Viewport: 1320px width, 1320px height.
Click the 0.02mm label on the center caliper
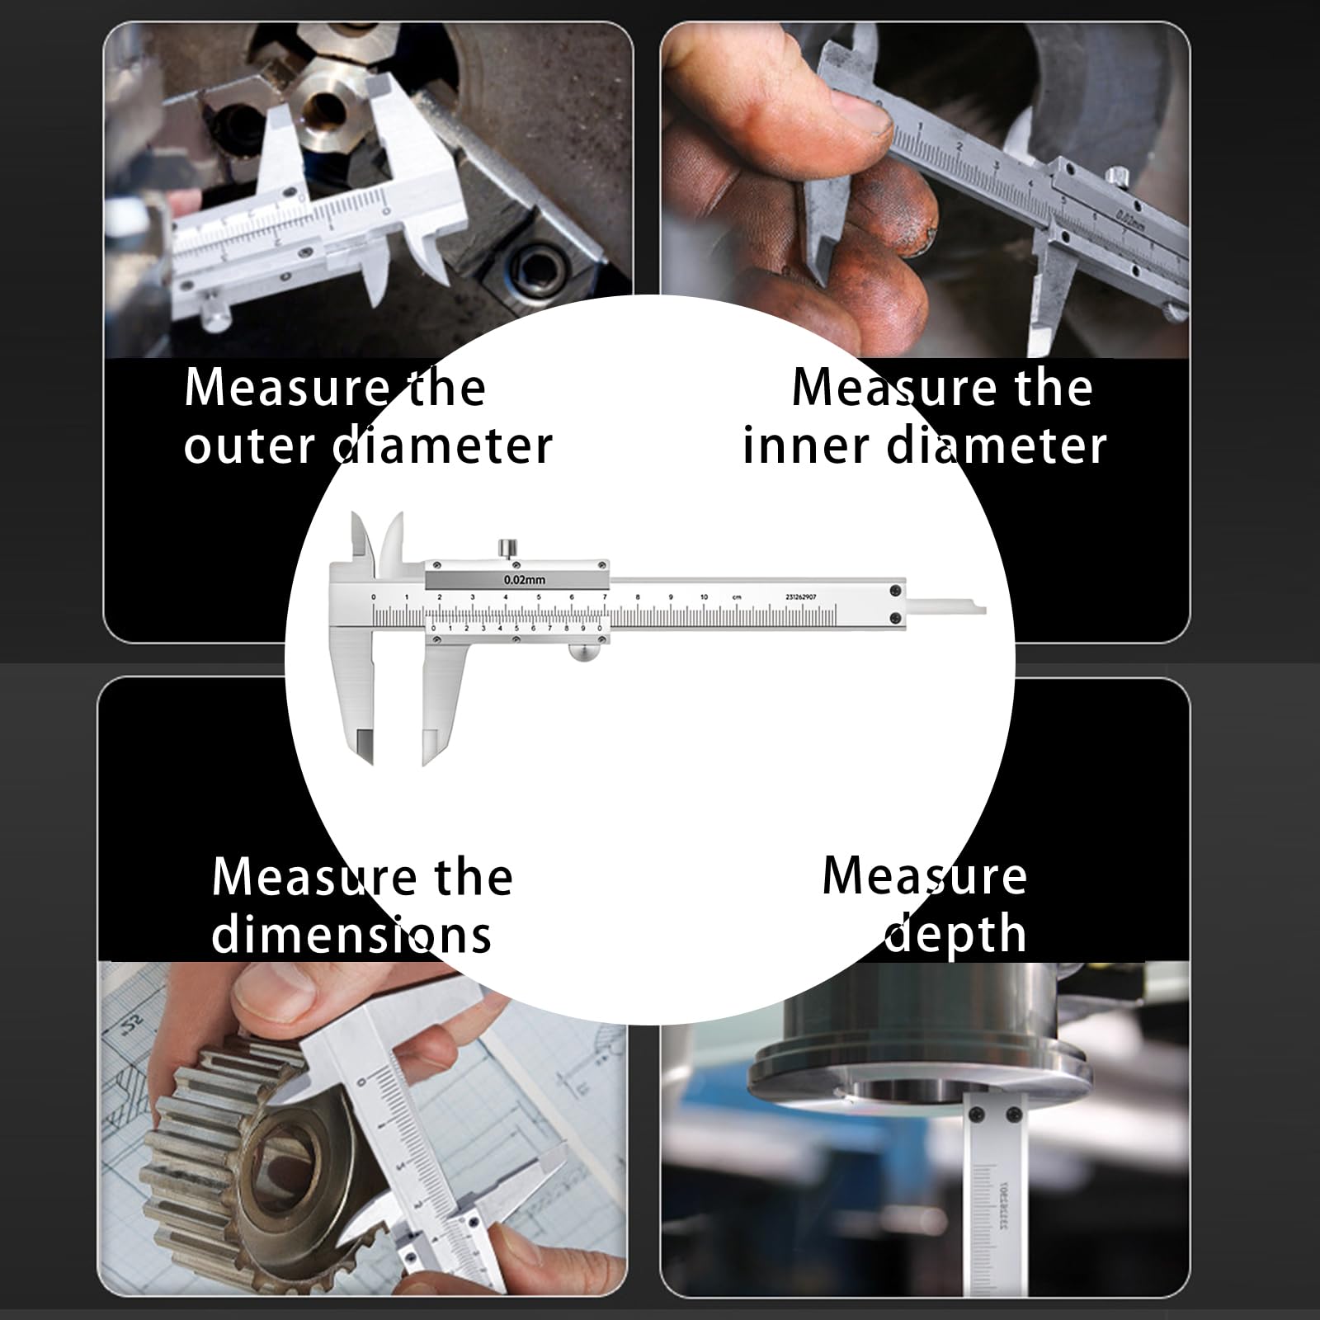[x=524, y=580]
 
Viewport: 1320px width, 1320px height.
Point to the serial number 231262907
[x=800, y=596]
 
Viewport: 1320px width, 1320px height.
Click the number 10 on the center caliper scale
[x=704, y=596]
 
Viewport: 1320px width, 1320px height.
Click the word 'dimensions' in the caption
[x=351, y=935]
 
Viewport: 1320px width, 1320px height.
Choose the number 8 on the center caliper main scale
[x=638, y=596]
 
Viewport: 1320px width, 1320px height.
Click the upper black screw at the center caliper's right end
[x=895, y=590]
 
